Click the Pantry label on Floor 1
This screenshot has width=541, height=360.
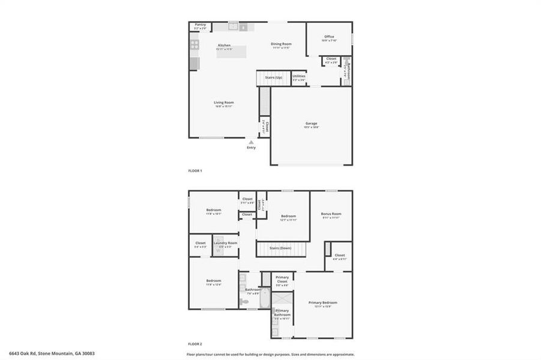tap(200, 25)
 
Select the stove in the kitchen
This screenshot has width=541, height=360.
tap(195, 44)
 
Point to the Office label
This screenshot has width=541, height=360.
tap(329, 37)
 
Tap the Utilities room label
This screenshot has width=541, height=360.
tap(299, 76)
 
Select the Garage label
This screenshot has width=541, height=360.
tap(311, 124)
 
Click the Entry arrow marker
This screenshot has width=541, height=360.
tap(251, 143)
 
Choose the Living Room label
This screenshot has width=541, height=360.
tap(224, 103)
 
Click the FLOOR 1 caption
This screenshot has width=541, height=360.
tap(195, 171)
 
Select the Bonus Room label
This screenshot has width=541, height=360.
tap(331, 214)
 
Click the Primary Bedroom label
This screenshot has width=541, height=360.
tap(322, 302)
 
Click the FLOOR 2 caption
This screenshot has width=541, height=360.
tap(195, 344)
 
